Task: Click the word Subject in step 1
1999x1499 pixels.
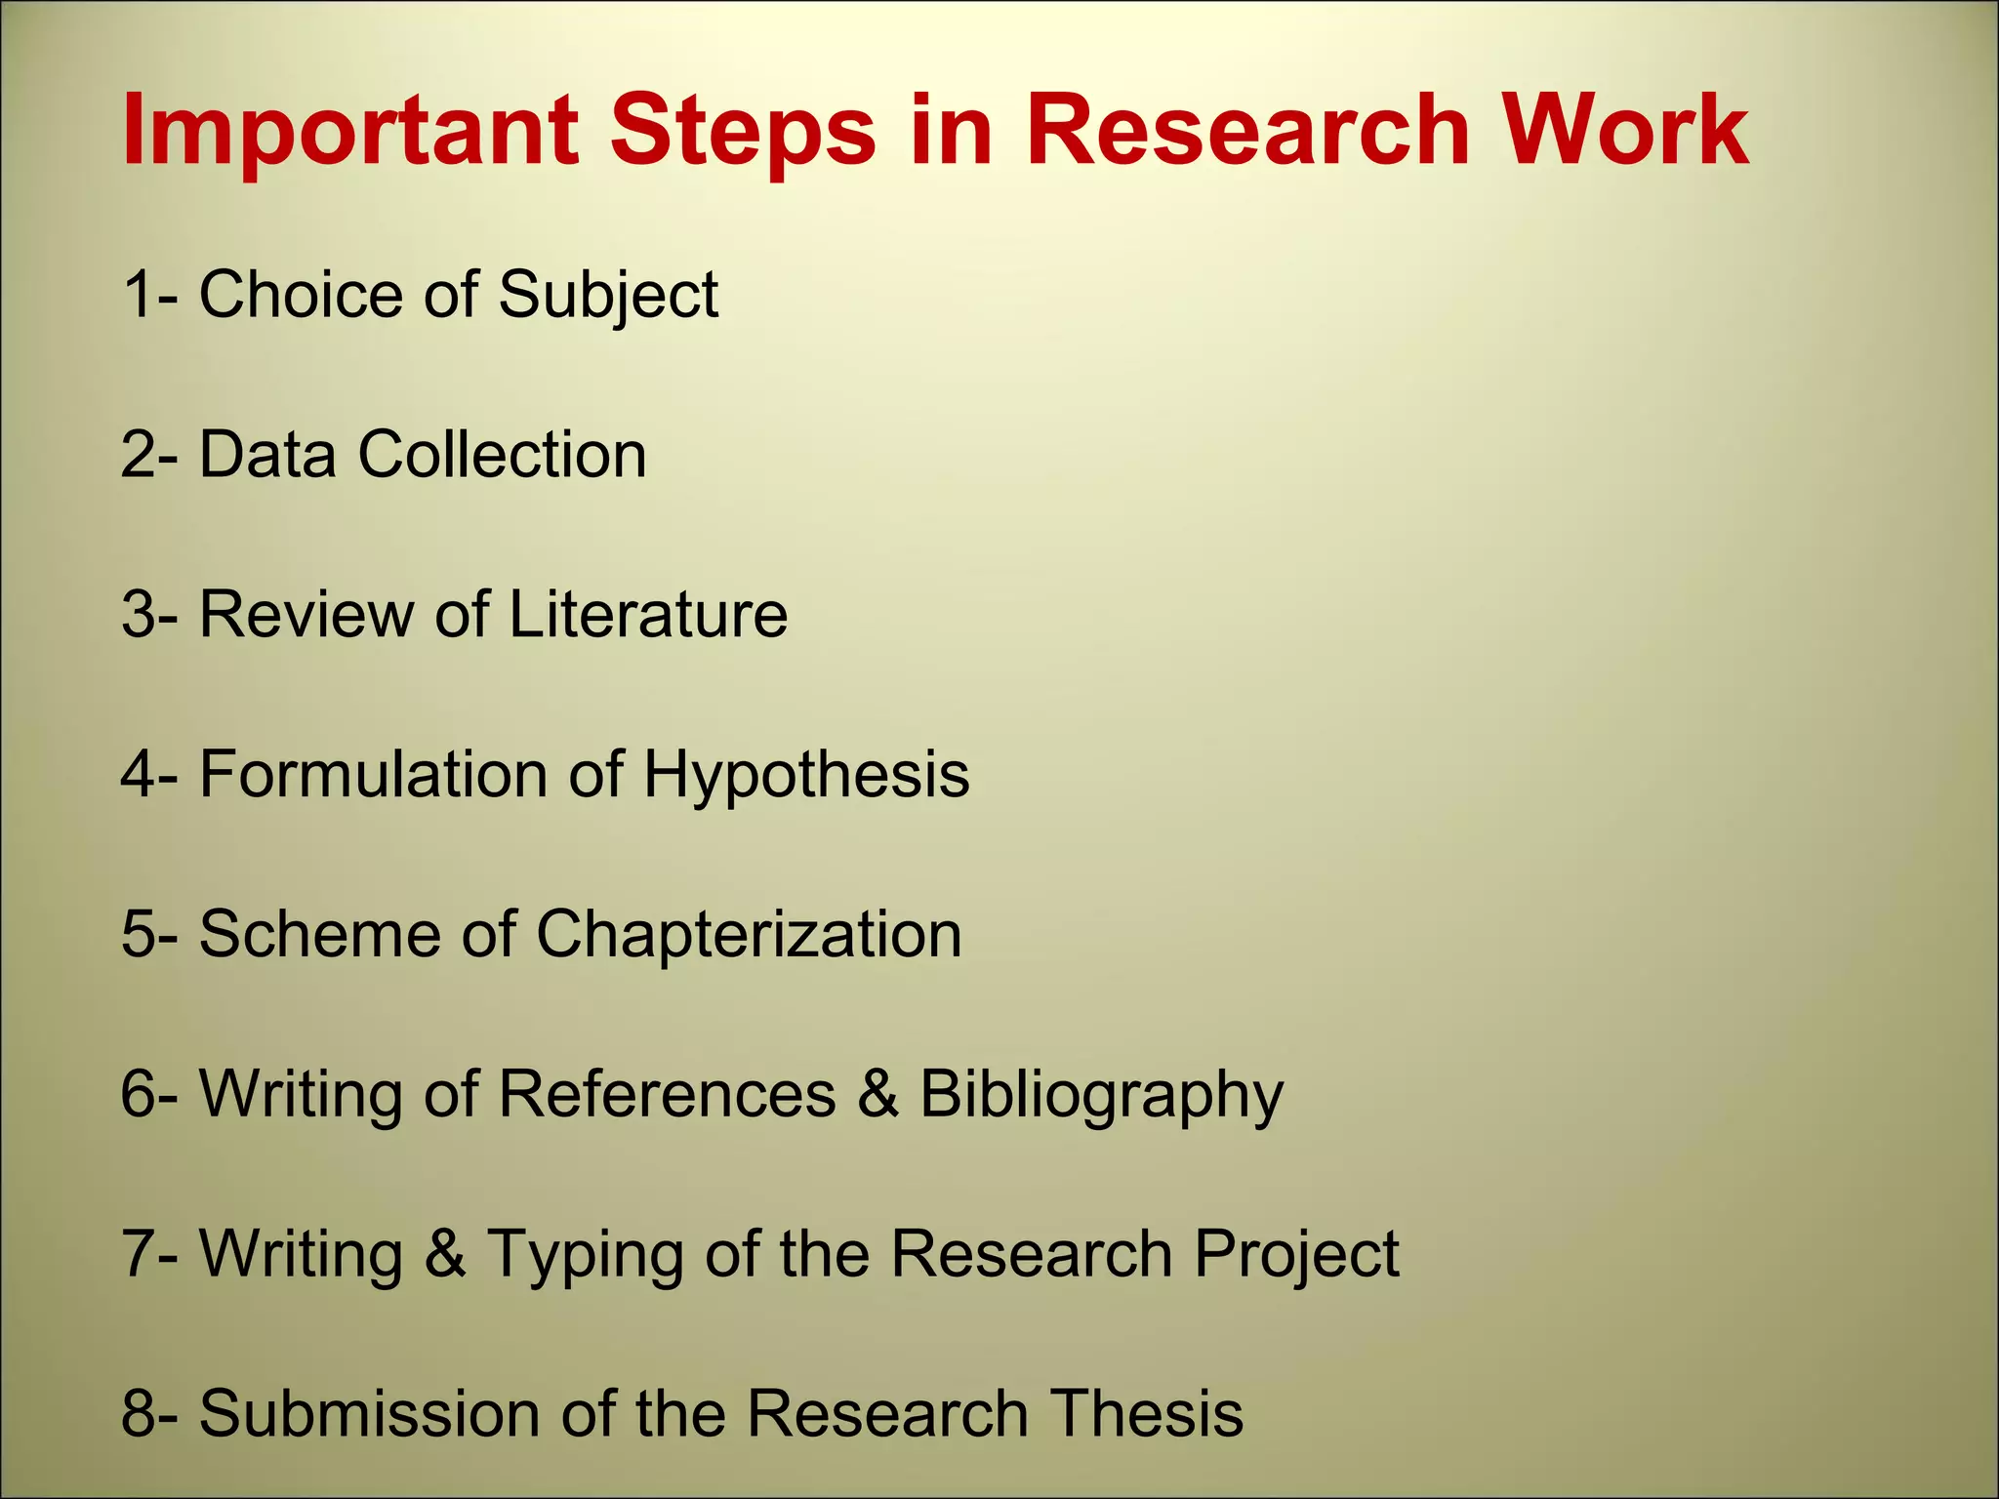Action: tap(608, 295)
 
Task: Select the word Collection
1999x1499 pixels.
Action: tap(502, 455)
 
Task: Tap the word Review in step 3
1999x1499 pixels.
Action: tap(306, 615)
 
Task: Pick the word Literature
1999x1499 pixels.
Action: tap(647, 615)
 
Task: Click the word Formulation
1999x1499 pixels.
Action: tap(373, 775)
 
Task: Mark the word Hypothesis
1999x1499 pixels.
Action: tap(806, 775)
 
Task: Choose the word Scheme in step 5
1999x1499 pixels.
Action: tap(319, 934)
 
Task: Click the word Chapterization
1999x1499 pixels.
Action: tap(749, 934)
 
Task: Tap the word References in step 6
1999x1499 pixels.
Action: tap(667, 1094)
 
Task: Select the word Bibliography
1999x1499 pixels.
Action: tap(1101, 1096)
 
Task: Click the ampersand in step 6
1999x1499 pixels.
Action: tap(877, 1094)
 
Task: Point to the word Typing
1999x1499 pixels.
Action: tap(585, 1255)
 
